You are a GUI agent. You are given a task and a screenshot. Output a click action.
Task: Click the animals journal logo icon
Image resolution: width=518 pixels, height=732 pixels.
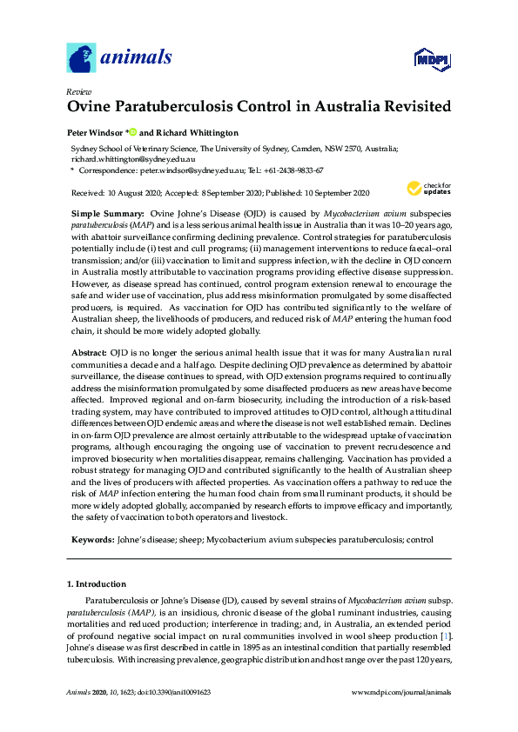pos(81,58)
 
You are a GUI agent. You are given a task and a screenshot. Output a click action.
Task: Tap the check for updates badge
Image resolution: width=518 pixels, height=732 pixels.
pos(427,189)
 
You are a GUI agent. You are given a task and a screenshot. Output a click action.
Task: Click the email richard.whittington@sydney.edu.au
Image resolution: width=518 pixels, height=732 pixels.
pos(132,160)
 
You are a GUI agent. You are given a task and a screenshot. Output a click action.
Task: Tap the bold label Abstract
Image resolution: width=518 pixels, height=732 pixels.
pos(89,350)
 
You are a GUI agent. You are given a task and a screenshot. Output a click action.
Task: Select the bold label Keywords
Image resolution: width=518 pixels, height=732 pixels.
pos(91,540)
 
